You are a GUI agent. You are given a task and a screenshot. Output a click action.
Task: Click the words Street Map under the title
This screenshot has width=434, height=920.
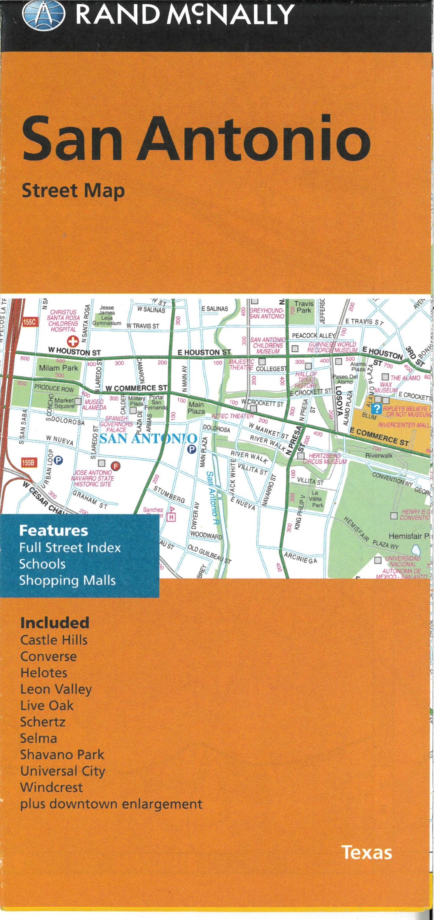(73, 191)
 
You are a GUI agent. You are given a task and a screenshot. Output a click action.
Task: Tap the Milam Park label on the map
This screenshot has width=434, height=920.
(58, 368)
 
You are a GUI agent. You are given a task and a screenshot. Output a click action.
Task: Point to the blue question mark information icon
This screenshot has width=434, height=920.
(378, 408)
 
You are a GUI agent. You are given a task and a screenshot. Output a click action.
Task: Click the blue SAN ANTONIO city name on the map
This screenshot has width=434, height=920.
(148, 438)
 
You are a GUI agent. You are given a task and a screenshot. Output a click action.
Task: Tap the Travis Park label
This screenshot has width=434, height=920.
(304, 307)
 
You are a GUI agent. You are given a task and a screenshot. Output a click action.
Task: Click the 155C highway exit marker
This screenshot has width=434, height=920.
(30, 322)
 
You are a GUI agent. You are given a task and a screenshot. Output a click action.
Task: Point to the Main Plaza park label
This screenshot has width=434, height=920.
(196, 408)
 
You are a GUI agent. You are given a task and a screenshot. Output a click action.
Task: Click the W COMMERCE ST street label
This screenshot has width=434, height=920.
(136, 388)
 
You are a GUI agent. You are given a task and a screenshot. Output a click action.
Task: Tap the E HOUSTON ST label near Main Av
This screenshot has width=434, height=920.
(204, 352)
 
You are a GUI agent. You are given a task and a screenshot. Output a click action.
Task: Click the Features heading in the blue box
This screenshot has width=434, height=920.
(54, 530)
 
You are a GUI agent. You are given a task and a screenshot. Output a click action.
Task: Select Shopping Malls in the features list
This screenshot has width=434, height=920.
(67, 580)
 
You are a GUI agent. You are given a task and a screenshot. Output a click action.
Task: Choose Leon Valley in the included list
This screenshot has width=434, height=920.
(56, 689)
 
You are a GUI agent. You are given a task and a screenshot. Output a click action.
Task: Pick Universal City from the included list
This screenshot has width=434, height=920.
(63, 771)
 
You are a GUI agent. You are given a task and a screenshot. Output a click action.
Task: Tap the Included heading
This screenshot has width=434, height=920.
(55, 623)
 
